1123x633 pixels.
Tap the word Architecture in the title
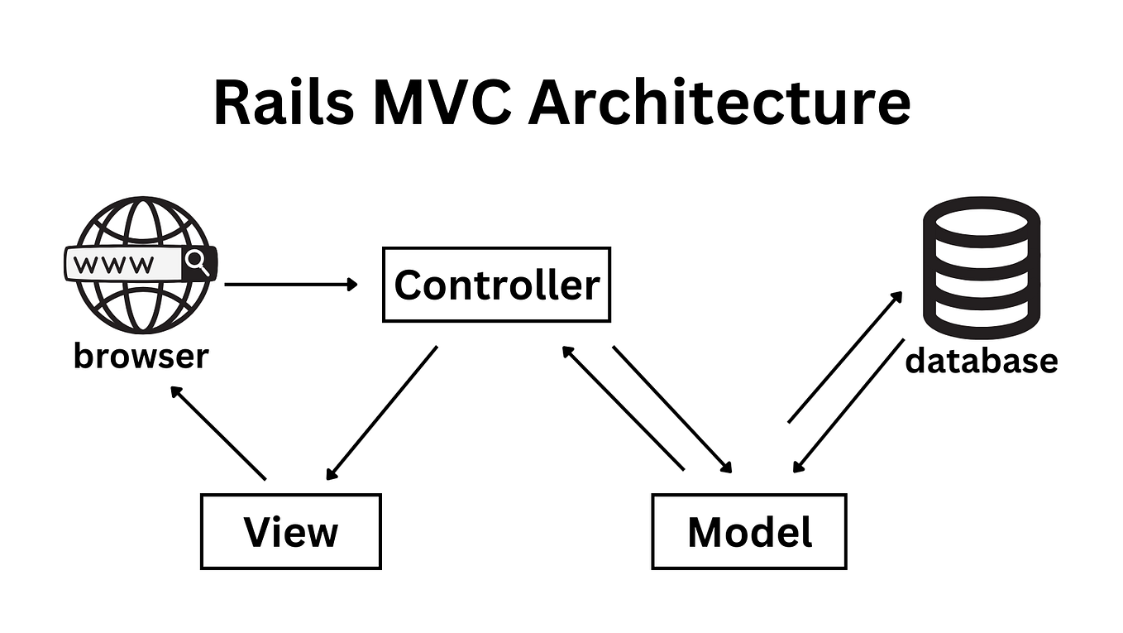[719, 103]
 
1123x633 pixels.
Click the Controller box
[496, 285]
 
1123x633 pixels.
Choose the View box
[290, 531]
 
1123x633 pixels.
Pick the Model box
[749, 531]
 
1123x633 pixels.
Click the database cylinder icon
[981, 262]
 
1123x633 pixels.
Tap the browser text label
[141, 357]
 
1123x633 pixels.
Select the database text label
[981, 361]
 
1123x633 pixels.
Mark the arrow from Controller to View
[381, 413]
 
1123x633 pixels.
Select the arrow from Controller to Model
[672, 409]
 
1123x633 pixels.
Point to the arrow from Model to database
[844, 357]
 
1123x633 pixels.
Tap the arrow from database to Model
[848, 405]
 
